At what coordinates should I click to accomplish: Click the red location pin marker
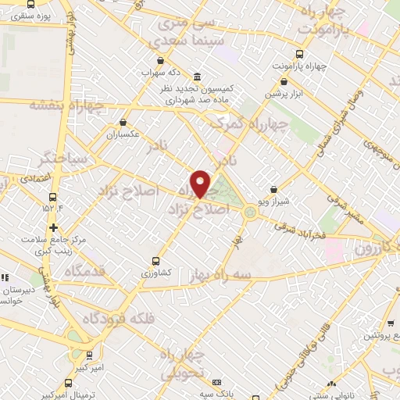point(201,184)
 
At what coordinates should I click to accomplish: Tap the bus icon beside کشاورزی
point(155,261)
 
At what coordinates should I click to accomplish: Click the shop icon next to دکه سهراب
point(160,60)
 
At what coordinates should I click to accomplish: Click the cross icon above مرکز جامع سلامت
point(53,228)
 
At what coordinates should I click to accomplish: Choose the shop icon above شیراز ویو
point(273,188)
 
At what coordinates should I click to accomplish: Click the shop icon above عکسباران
point(123,122)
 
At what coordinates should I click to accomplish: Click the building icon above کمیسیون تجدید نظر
point(195,77)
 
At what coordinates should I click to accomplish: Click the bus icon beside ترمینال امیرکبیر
point(69,384)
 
